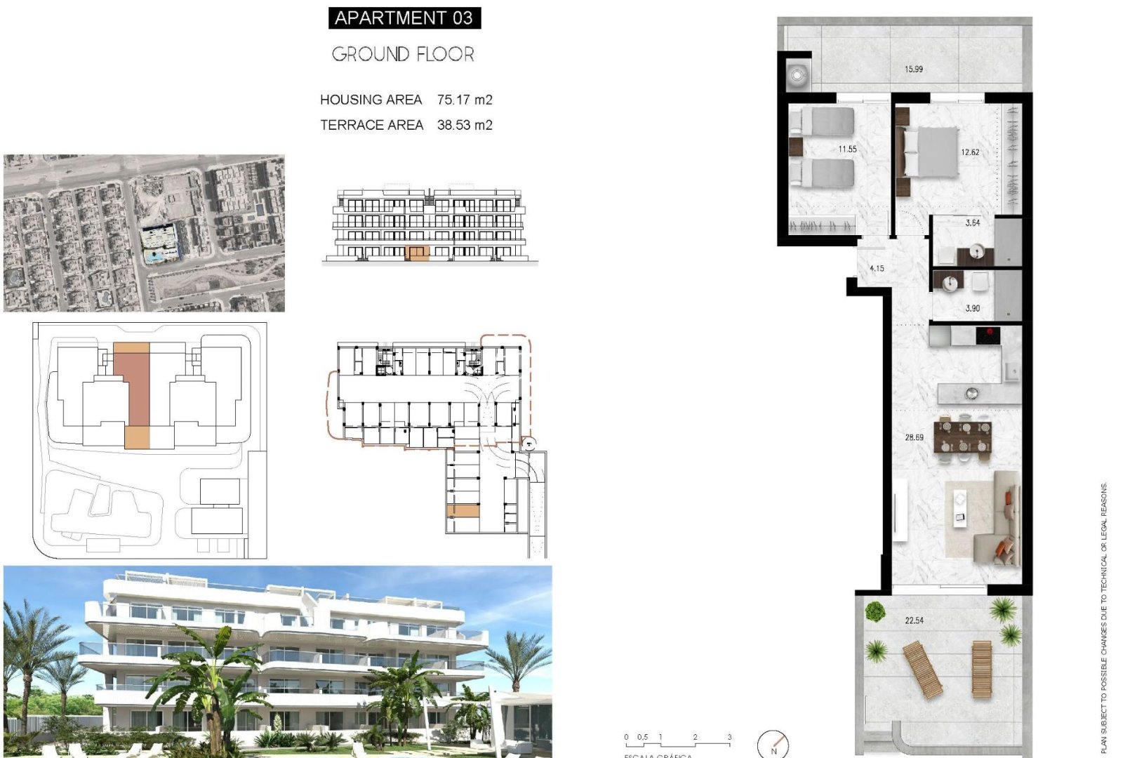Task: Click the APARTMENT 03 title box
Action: click(404, 18)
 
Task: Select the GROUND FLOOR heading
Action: click(403, 54)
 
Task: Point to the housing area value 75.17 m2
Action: click(465, 100)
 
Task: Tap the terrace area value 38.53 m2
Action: click(465, 125)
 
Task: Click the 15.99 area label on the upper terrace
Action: click(913, 69)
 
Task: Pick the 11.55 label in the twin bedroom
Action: click(847, 149)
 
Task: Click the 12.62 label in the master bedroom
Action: click(970, 152)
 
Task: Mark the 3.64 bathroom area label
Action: click(972, 222)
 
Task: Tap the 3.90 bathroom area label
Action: click(972, 308)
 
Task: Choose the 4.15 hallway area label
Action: click(877, 268)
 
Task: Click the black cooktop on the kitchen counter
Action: click(988, 335)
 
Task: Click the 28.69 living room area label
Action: click(914, 437)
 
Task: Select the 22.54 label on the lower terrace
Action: click(914, 620)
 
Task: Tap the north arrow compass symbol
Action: click(773, 744)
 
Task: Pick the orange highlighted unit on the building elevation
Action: click(418, 253)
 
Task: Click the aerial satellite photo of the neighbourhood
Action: click(144, 233)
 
